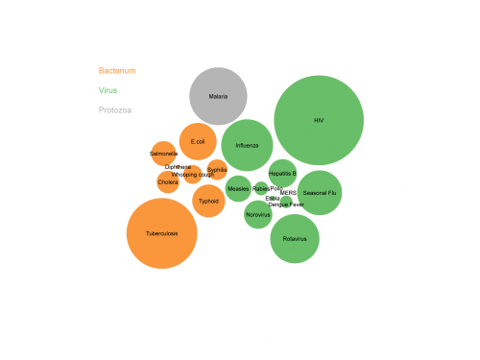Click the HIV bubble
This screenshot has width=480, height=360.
click(319, 120)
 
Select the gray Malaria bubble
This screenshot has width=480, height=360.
click(218, 96)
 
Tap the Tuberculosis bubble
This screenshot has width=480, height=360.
click(161, 233)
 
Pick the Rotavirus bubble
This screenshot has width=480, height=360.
click(295, 238)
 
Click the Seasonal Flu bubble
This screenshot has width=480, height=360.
click(320, 193)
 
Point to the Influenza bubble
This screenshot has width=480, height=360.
click(247, 145)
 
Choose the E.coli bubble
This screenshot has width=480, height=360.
click(198, 142)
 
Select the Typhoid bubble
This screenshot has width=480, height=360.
click(208, 202)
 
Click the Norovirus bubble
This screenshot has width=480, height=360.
click(258, 215)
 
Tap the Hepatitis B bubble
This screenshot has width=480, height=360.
click(282, 173)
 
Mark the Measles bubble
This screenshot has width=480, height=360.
click(238, 189)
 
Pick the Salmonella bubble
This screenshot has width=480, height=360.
click(164, 154)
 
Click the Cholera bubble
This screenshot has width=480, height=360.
click(168, 181)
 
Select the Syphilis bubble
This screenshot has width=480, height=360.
click(218, 170)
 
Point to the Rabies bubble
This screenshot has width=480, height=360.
click(261, 189)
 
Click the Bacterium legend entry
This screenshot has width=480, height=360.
click(117, 70)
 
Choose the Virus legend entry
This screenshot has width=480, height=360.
click(108, 90)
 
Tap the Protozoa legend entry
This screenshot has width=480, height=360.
click(115, 109)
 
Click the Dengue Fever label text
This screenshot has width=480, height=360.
click(286, 204)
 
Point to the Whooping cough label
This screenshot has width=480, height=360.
click(193, 175)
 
